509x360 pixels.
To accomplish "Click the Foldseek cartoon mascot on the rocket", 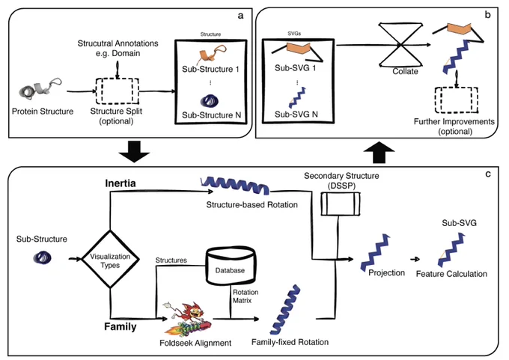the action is (188, 319).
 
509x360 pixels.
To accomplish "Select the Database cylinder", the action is (230, 266).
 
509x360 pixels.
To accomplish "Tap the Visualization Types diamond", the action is (110, 259).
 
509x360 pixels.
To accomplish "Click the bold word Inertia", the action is (120, 183).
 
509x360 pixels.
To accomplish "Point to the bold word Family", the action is (120, 326).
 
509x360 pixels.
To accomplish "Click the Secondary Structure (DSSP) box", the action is (341, 204).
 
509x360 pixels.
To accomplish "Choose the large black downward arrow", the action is (134, 151).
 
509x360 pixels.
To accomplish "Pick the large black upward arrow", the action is (380, 152).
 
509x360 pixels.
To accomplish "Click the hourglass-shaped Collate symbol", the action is (401, 45).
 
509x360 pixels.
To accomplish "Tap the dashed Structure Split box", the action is (118, 91).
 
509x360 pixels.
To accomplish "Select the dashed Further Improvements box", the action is (457, 100).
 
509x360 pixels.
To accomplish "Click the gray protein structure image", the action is (40, 88).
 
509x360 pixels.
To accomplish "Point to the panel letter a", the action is (240, 16).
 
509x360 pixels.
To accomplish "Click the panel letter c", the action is (488, 174).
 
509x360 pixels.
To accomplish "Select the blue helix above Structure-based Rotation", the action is (235, 186).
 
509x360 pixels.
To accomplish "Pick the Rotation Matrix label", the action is (246, 296).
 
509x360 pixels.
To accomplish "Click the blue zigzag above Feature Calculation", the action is (451, 250).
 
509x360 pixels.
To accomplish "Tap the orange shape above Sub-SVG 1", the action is (299, 48).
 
